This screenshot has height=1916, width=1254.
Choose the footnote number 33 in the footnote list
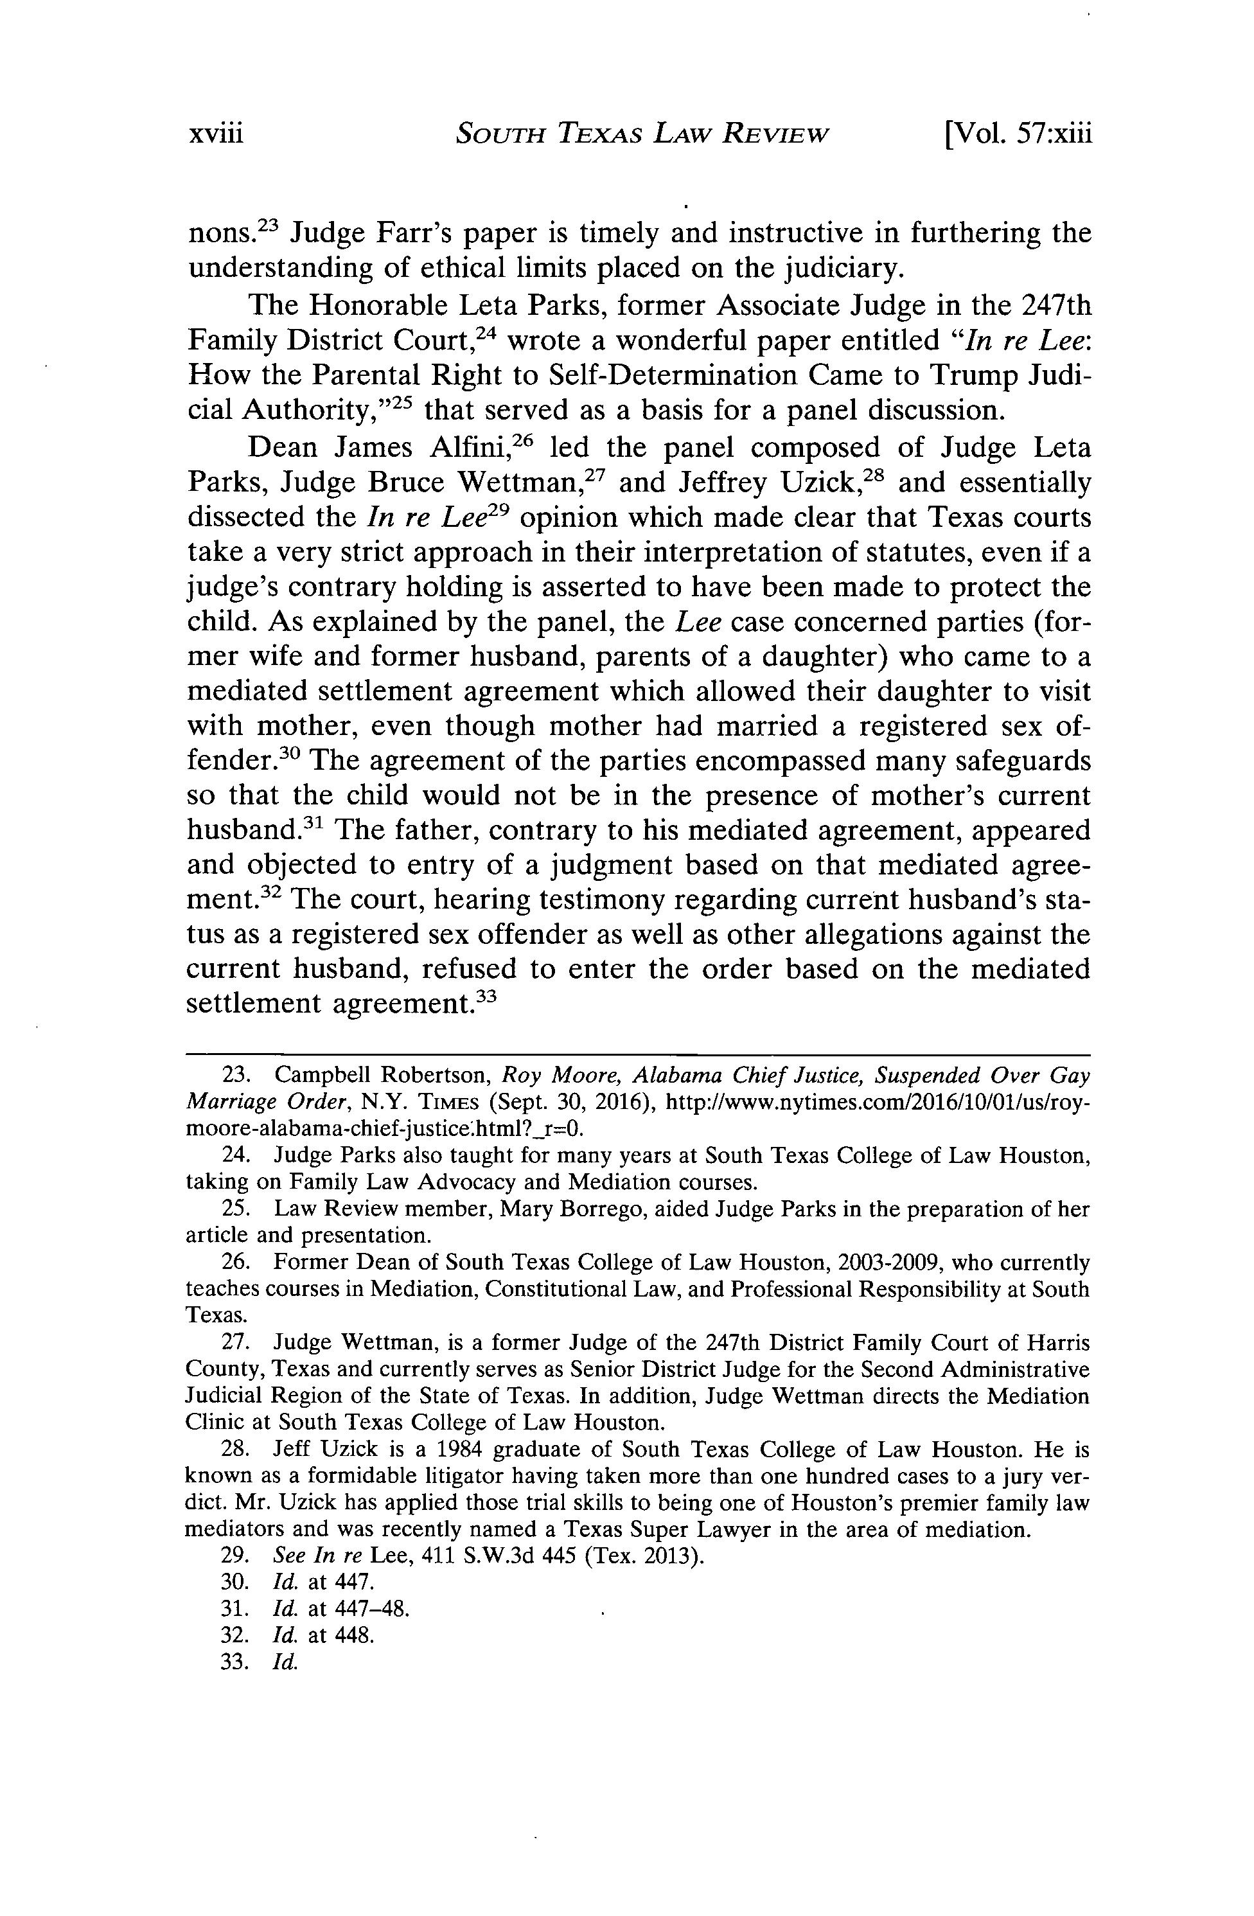(x=233, y=1662)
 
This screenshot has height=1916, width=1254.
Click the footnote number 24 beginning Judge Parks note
(x=233, y=1156)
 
